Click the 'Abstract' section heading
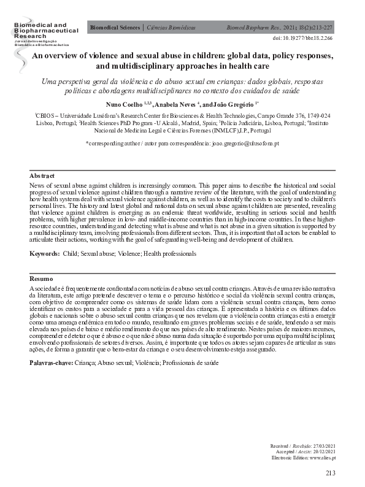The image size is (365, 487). tap(42, 176)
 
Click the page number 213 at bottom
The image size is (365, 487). tap(331, 474)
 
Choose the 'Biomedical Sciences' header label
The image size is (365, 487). tap(115, 28)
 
